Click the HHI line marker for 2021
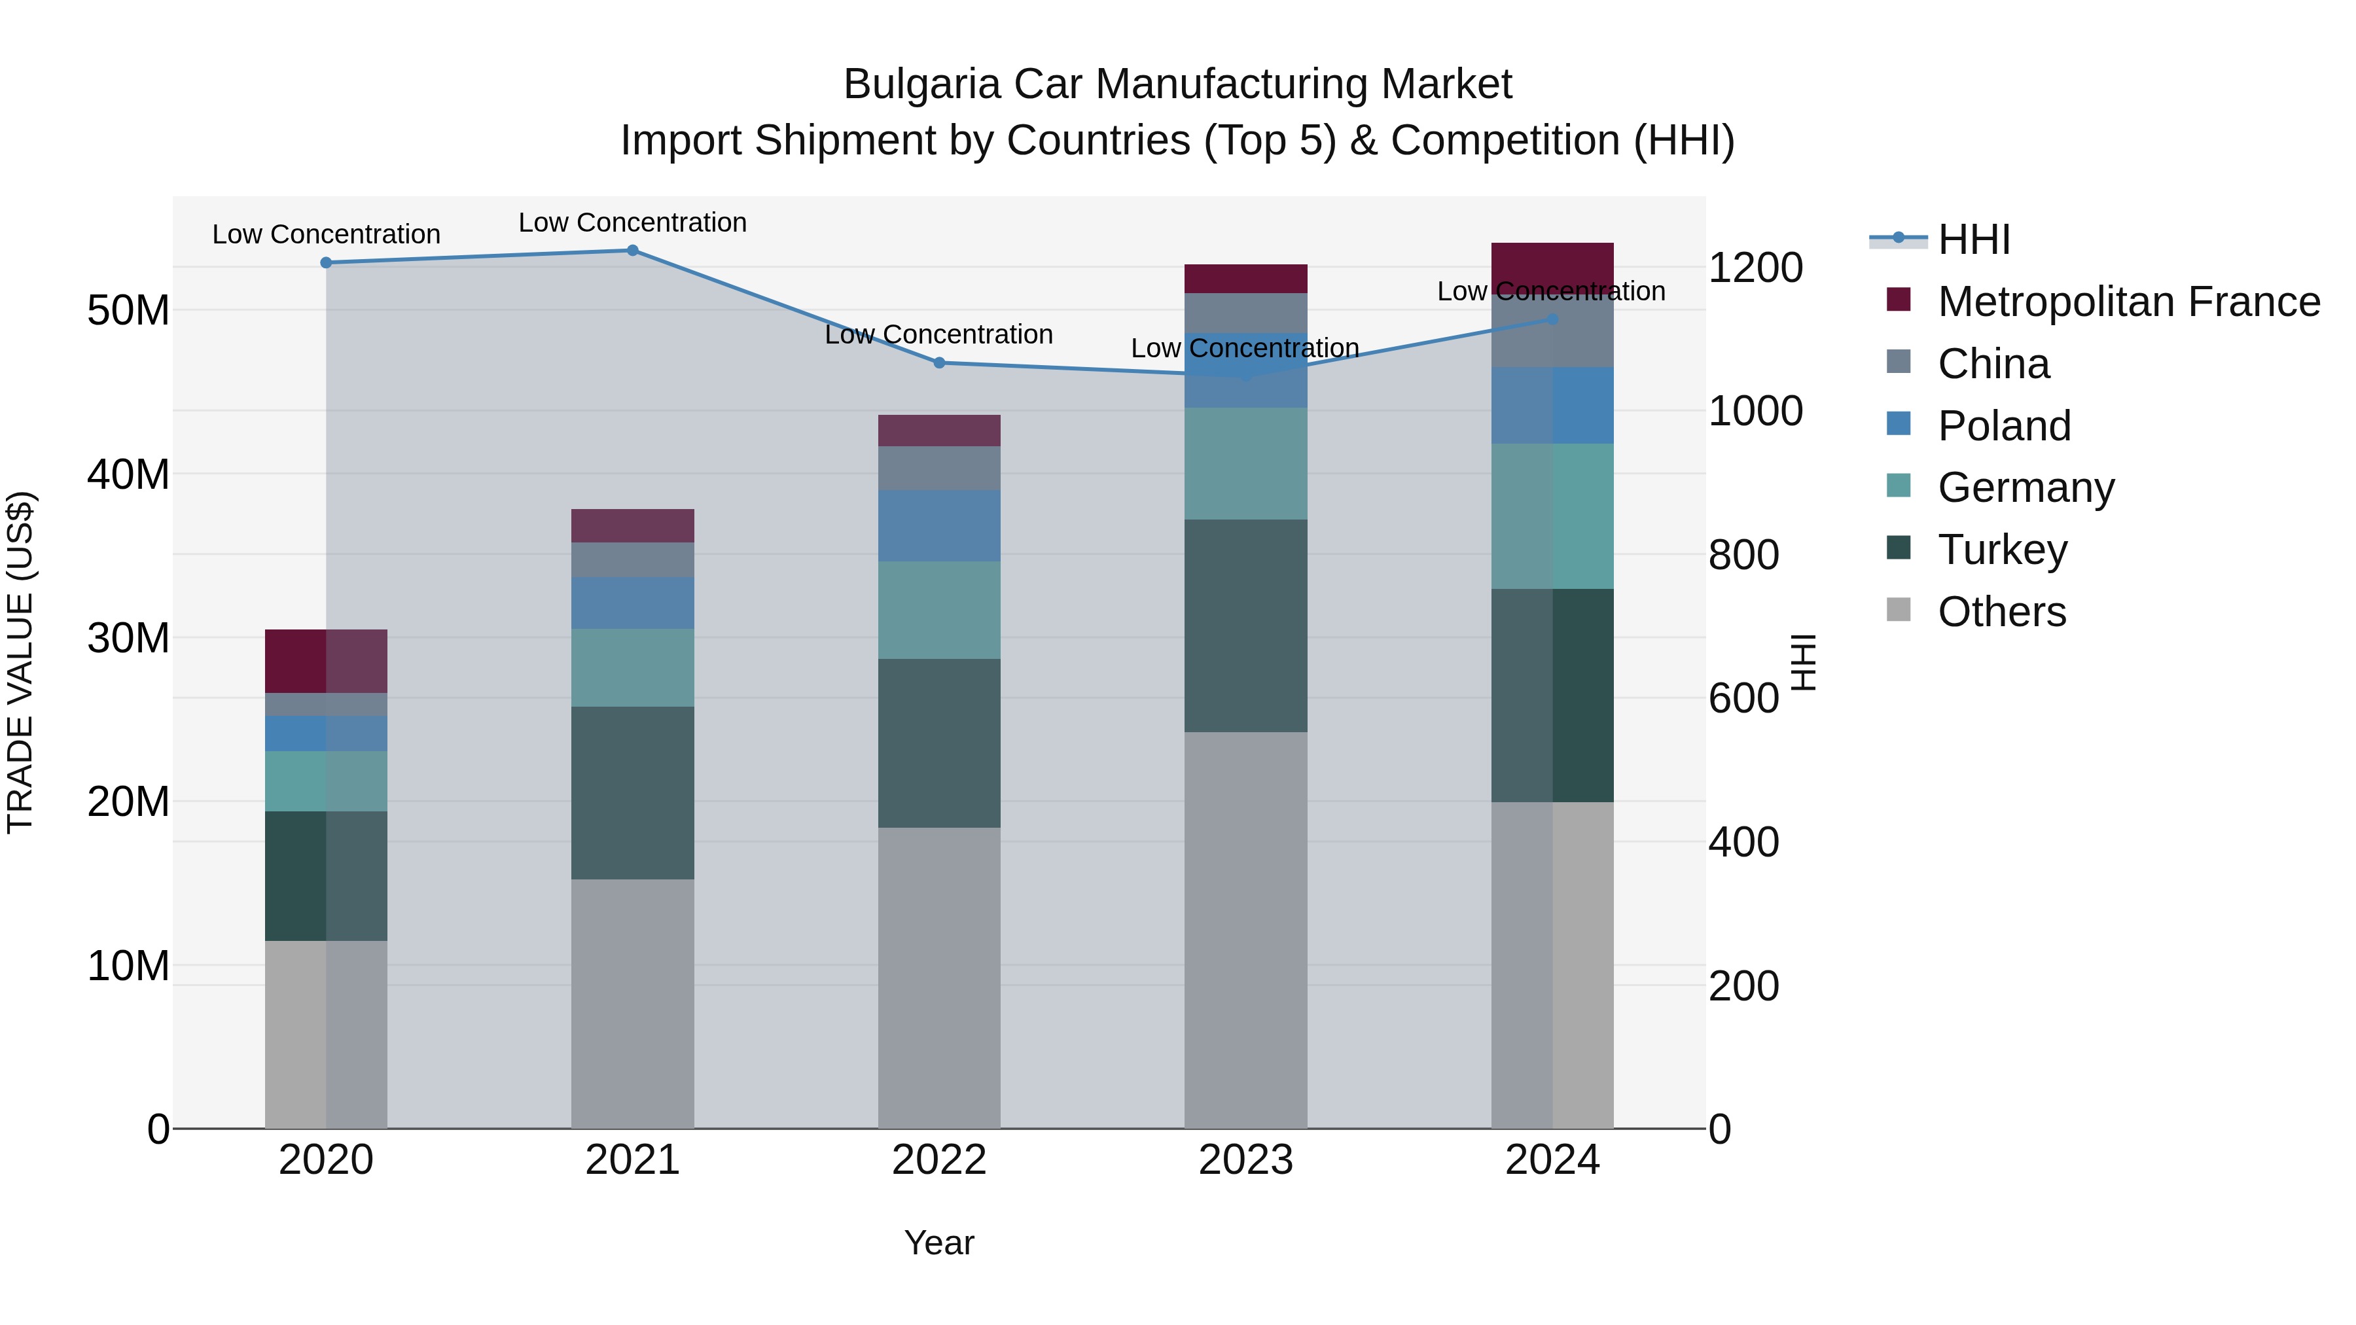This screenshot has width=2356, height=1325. [x=632, y=250]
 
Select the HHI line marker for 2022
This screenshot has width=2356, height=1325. [x=938, y=363]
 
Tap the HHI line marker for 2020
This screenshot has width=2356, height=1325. [x=326, y=262]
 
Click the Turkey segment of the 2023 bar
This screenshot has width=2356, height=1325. [x=1245, y=626]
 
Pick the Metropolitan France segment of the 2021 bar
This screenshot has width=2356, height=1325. [x=632, y=526]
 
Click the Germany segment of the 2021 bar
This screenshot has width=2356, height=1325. [x=632, y=667]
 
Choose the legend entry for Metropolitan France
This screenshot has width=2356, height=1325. [x=2128, y=302]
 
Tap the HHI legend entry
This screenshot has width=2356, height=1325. [x=1974, y=239]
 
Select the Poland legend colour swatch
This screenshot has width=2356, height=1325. [x=1899, y=424]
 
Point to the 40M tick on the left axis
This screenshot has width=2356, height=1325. [x=128, y=474]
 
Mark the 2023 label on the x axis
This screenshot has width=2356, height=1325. [x=1245, y=1160]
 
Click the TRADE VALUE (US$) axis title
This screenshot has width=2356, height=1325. [x=20, y=662]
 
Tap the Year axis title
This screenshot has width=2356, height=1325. [x=938, y=1243]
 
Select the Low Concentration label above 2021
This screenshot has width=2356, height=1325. [x=632, y=222]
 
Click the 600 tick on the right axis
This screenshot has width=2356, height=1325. [x=1743, y=699]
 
